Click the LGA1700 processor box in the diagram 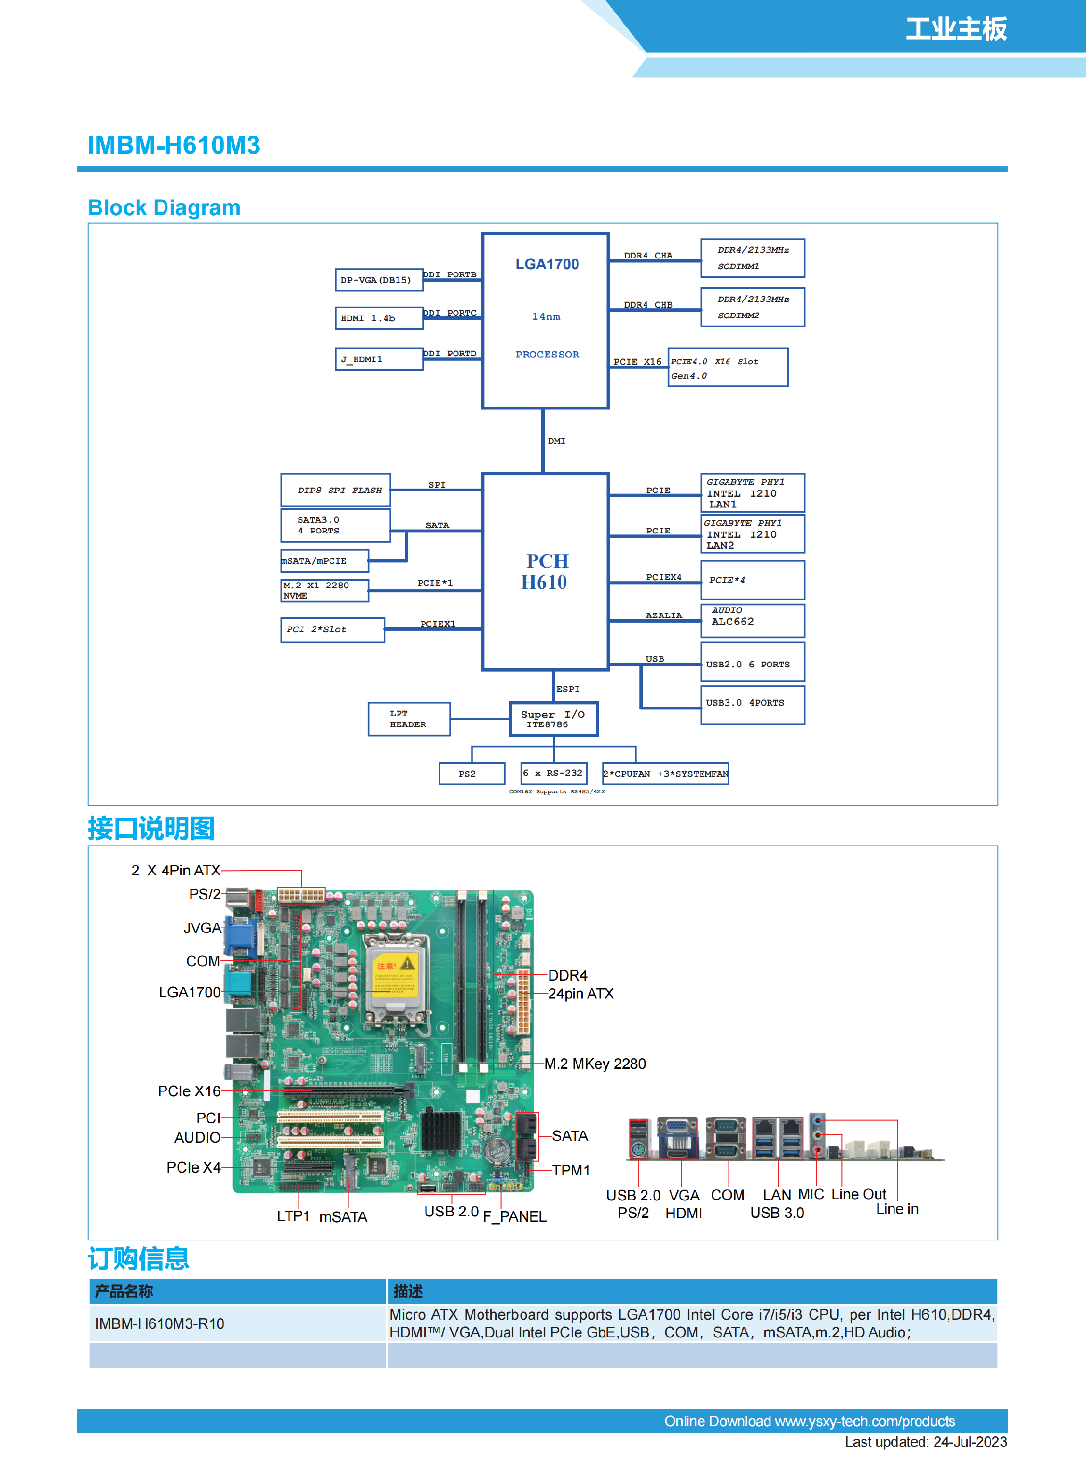click(545, 321)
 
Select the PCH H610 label click(546, 571)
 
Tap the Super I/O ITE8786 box click(553, 719)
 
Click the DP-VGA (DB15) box click(378, 280)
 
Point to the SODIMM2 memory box click(752, 307)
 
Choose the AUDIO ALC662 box click(752, 620)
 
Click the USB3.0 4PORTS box click(752, 705)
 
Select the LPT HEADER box click(408, 719)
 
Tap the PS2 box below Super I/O click(471, 774)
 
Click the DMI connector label click(556, 441)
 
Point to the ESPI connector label click(568, 689)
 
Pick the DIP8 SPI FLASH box click(335, 491)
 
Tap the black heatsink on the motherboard click(440, 1131)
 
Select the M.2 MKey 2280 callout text click(594, 1064)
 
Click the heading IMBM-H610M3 click(174, 145)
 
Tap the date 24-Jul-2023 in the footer click(970, 1442)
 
